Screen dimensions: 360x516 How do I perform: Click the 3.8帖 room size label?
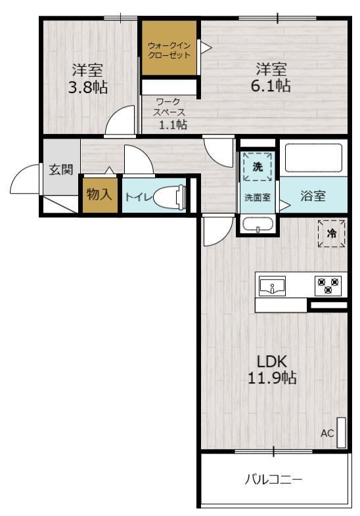(87, 87)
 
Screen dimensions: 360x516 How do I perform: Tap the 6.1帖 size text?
(271, 85)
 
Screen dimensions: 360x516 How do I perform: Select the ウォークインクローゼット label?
(169, 50)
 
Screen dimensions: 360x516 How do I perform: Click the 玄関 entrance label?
(61, 169)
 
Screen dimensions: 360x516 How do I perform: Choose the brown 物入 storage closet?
(100, 195)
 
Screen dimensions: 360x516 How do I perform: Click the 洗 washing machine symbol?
(258, 167)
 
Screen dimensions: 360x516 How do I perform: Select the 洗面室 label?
(258, 198)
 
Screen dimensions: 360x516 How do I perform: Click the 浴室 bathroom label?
(313, 196)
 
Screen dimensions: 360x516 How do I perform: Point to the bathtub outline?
(313, 158)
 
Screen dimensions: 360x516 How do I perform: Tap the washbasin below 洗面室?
(258, 225)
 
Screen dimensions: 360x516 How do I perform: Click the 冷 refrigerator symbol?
(331, 233)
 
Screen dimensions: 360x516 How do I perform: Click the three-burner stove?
(328, 286)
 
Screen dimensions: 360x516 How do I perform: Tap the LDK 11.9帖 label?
(272, 370)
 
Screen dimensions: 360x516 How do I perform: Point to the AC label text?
(327, 433)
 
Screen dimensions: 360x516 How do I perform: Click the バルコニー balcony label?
(273, 480)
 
